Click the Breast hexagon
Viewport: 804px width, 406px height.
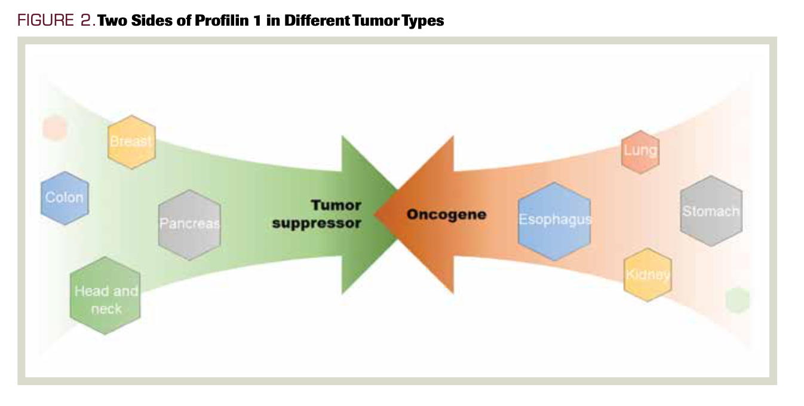coord(131,142)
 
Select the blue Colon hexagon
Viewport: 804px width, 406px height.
coord(65,198)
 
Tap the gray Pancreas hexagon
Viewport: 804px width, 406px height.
coord(189,224)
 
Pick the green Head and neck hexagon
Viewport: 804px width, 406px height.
coord(105,296)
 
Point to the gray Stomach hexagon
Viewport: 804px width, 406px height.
coord(711,211)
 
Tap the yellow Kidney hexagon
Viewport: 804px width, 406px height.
coord(648,275)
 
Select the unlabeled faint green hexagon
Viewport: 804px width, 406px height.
coord(737,300)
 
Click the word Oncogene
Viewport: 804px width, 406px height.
coord(446,214)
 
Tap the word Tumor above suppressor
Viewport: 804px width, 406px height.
coord(336,205)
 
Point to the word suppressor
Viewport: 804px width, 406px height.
coord(317,224)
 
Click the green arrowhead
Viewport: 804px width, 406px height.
coord(364,214)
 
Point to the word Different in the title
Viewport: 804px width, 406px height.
coord(319,20)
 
